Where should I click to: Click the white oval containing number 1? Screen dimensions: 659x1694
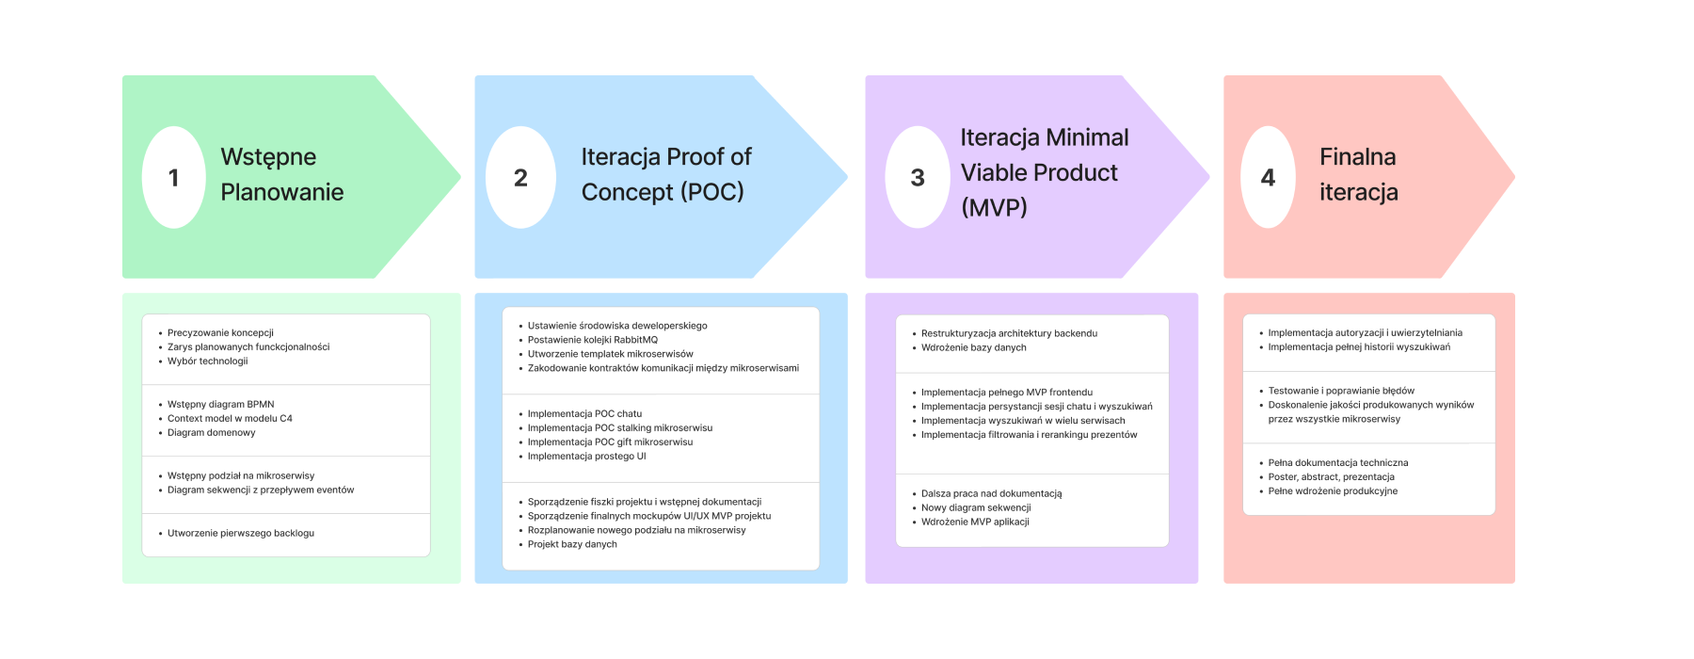pos(173,177)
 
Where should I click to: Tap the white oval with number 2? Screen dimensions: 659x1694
pos(520,177)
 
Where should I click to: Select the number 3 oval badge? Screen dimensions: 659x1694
pos(918,177)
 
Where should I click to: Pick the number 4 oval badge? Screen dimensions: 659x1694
pos(1268,177)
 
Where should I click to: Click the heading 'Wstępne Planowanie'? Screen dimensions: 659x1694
pos(281,174)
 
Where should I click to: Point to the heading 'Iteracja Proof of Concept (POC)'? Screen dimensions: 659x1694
pos(665,174)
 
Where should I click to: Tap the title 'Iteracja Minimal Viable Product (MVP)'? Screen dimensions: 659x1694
pos(1044,172)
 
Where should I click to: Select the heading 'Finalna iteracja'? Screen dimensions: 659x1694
pos(1358,174)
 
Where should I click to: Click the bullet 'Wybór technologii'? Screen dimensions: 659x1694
pos(207,362)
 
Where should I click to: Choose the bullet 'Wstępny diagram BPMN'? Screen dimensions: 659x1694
pos(220,405)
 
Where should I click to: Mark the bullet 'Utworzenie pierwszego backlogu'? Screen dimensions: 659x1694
pos(240,534)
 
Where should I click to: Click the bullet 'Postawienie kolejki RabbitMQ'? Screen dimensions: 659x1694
pos(592,340)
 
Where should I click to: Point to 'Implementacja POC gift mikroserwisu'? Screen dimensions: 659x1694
pos(610,442)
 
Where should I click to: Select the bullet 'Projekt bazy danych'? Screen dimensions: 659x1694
pos(572,544)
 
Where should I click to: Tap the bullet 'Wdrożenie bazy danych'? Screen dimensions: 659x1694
pos(973,348)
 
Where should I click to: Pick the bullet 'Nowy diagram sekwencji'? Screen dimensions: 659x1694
pos(975,508)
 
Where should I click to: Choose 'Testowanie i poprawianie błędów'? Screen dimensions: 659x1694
pos(1340,391)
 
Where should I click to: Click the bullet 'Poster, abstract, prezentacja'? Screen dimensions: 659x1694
pos(1331,477)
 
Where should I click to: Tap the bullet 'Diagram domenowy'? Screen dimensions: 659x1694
pos(211,433)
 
